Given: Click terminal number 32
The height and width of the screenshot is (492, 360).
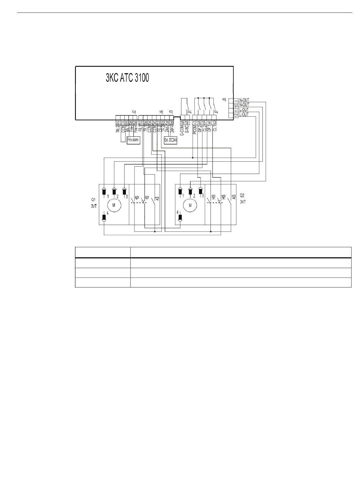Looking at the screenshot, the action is (117, 122).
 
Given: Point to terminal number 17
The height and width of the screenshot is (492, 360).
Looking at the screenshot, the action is (195, 122).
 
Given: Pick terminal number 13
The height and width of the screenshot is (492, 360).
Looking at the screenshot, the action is (214, 122).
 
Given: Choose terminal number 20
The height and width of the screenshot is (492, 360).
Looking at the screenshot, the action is (172, 122).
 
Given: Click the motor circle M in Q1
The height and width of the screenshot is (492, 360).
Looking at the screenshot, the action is (114, 205).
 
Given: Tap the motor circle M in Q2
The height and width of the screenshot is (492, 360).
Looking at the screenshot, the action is (190, 205).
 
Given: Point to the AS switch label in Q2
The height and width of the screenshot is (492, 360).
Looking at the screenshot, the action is (233, 197).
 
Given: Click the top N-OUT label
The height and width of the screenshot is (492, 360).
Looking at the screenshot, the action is (244, 100).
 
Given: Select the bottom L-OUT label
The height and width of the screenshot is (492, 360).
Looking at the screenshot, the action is (244, 114).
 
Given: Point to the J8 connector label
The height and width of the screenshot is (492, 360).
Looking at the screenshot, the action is (225, 100).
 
